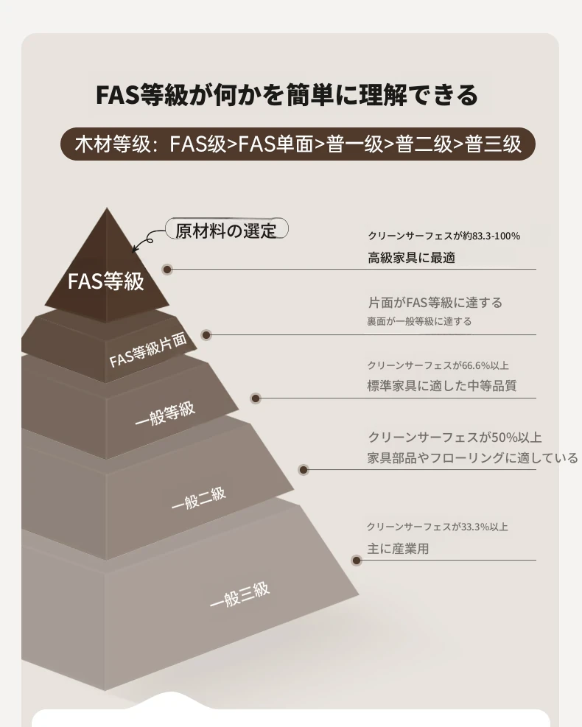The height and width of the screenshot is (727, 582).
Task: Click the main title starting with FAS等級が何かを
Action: tap(287, 95)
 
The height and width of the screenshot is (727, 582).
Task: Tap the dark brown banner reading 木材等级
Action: tap(298, 144)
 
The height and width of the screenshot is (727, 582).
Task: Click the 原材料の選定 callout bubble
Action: tap(227, 230)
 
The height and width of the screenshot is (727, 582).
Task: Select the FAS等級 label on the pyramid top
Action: tap(106, 281)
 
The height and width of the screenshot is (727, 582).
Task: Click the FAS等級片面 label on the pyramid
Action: tap(148, 350)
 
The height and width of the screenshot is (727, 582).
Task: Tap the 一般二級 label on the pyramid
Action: tap(198, 499)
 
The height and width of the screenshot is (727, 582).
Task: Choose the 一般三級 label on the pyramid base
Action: tap(239, 595)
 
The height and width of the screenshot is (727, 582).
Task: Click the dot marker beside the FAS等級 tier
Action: tap(167, 270)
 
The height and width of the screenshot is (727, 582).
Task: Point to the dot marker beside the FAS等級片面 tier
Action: tap(206, 334)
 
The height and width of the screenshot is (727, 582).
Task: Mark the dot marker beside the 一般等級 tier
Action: tap(256, 398)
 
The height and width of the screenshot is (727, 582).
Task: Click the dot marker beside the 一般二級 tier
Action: tap(304, 470)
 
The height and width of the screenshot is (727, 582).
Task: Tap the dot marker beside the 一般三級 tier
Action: tap(357, 561)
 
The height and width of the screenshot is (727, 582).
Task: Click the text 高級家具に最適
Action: tap(411, 258)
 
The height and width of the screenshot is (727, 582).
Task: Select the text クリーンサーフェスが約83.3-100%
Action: tap(443, 236)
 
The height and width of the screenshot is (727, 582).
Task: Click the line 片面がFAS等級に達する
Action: tap(435, 303)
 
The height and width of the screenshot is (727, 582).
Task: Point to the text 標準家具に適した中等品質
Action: tap(441, 386)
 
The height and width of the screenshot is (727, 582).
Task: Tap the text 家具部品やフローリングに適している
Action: tap(472, 458)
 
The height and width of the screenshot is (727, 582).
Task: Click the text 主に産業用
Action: tap(398, 549)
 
